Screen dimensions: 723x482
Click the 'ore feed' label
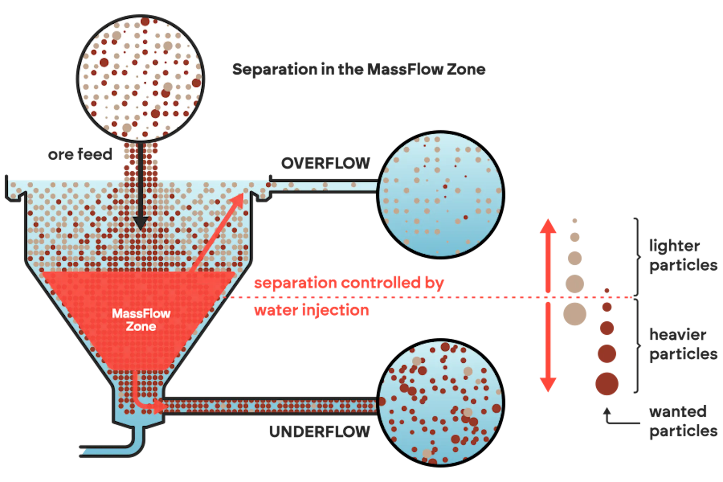tap(80, 154)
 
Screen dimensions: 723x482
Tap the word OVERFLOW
tap(325, 163)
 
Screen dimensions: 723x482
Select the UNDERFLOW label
tap(319, 432)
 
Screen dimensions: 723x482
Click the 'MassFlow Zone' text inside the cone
tap(141, 320)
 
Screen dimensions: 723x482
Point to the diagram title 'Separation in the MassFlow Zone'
tap(359, 69)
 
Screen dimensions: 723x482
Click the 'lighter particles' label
tap(683, 255)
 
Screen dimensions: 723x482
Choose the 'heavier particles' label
tap(683, 344)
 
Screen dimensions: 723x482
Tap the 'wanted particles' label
tap(683, 421)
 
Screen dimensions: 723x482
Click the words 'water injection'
tap(311, 310)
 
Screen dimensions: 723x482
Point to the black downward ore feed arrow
tap(141, 186)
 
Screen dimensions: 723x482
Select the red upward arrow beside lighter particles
tap(548, 255)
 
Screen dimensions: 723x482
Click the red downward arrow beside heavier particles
tap(548, 347)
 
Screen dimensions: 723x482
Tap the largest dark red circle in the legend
tap(607, 383)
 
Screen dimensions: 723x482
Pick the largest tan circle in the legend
tap(575, 314)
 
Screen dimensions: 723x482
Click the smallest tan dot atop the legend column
tap(575, 221)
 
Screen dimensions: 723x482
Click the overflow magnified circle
tap(441, 195)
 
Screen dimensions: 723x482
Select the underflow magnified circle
tap(441, 403)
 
